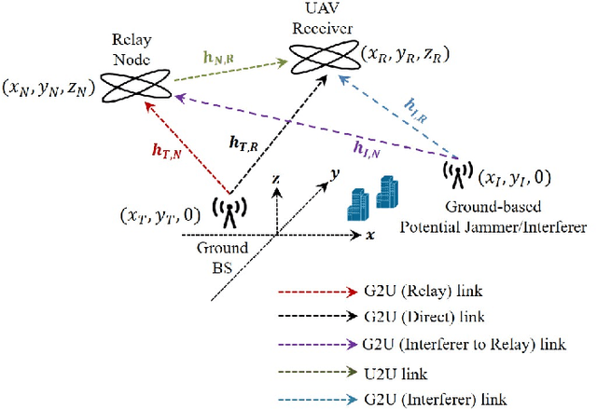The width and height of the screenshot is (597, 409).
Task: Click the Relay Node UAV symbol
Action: point(135,86)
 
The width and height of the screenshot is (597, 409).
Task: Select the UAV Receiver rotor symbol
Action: point(325,57)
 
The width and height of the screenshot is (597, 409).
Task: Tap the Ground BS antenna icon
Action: point(229,212)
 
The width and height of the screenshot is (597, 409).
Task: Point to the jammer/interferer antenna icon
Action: point(458,174)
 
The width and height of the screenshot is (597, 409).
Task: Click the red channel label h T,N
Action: point(166,151)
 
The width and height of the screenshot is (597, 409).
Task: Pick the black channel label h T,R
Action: point(243,143)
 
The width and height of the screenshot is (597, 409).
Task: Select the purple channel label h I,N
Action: point(367,149)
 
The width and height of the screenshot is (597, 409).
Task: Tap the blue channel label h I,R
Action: point(415,111)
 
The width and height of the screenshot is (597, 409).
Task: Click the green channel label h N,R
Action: point(218,58)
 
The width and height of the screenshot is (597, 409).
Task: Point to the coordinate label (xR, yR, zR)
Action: point(405,55)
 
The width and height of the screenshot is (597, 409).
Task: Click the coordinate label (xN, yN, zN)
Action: point(49,89)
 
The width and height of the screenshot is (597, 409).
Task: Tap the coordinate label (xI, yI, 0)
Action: point(514,178)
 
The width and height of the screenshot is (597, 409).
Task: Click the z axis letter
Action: point(276,180)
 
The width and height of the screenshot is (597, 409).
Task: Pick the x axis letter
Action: point(370,236)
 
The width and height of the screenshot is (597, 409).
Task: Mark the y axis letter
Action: point(335,174)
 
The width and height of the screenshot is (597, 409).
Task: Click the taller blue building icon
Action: point(387,192)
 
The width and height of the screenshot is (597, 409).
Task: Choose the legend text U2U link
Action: point(396,374)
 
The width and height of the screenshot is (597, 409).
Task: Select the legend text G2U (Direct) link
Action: point(423,317)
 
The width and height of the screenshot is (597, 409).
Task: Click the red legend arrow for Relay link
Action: point(317,292)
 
